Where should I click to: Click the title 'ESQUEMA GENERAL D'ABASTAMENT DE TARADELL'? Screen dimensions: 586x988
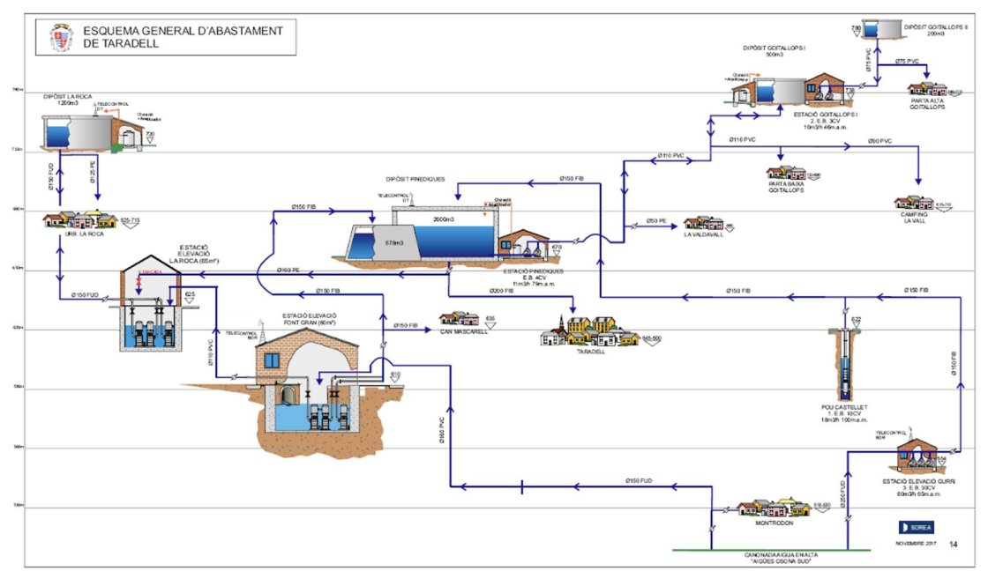(x=183, y=36)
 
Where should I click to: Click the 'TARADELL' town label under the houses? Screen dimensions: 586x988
(x=591, y=351)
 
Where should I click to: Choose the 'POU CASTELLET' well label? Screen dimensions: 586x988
(x=844, y=407)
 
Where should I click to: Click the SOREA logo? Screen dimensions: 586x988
(x=914, y=527)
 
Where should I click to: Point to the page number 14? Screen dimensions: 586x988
(x=954, y=545)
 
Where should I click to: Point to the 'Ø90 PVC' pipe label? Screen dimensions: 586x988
(x=880, y=141)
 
